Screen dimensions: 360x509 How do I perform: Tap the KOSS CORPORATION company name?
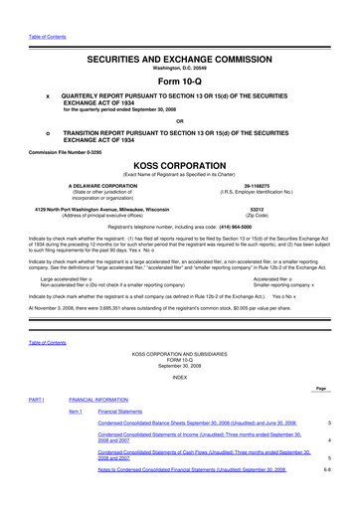pos(180,164)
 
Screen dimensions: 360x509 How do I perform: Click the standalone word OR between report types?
pos(180,121)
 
